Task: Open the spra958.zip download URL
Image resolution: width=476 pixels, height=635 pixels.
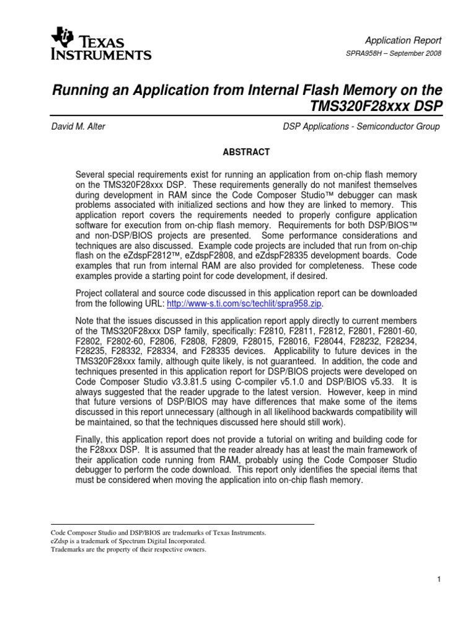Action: click(245, 303)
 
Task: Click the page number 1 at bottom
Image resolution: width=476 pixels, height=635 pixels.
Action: click(438, 579)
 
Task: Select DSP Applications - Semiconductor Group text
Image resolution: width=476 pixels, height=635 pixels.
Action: click(361, 127)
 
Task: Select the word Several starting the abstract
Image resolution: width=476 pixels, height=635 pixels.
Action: click(90, 175)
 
